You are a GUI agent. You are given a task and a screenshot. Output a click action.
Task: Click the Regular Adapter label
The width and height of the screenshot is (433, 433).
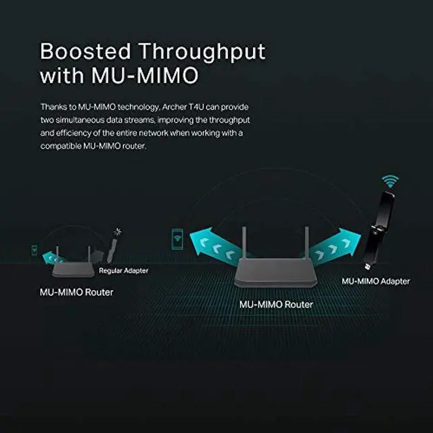pos(123,271)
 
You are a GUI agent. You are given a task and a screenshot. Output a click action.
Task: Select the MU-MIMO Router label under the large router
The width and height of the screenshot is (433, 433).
pos(276,304)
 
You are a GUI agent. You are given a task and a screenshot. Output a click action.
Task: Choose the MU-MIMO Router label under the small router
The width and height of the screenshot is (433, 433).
pos(75,292)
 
